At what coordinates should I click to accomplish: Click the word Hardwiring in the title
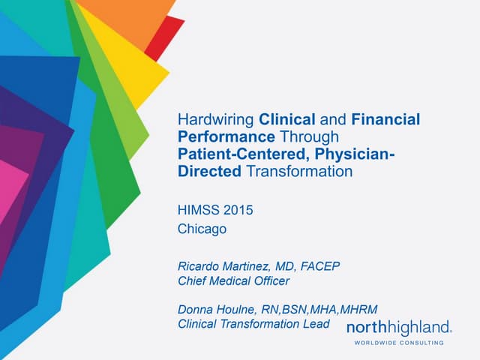click(x=216, y=119)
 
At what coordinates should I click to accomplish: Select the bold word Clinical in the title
click(x=288, y=119)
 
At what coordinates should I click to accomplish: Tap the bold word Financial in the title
click(x=385, y=119)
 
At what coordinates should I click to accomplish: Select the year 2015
click(x=238, y=210)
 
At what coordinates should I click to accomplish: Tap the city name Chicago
click(x=202, y=229)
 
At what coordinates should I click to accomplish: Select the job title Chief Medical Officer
click(x=233, y=280)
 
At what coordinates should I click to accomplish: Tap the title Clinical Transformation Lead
click(x=253, y=324)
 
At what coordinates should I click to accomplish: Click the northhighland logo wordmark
click(x=398, y=327)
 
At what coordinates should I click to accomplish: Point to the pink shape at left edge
click(x=10, y=180)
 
